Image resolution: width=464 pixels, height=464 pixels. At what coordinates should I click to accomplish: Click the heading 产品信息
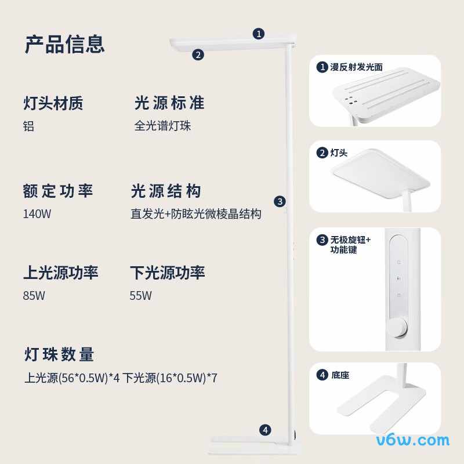pyautogui.click(x=65, y=44)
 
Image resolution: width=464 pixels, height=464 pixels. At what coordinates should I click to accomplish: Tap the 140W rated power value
pyautogui.click(x=37, y=213)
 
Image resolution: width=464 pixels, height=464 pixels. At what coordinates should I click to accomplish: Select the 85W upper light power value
pyautogui.click(x=34, y=295)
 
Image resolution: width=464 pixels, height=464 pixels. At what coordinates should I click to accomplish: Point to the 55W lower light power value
pyautogui.click(x=140, y=295)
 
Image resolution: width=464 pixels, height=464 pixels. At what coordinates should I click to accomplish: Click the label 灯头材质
pyautogui.click(x=53, y=103)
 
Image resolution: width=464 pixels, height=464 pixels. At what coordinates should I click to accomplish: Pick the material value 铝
pyautogui.click(x=28, y=126)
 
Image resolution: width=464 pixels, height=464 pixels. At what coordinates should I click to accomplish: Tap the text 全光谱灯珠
pyautogui.click(x=162, y=126)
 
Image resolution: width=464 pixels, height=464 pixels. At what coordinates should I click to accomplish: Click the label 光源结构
pyautogui.click(x=166, y=191)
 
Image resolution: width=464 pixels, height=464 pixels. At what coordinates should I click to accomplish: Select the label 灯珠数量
pyautogui.click(x=59, y=354)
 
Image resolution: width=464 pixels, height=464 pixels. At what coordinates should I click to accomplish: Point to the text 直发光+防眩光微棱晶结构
pyautogui.click(x=196, y=213)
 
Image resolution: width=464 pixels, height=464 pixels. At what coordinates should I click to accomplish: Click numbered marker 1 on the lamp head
pyautogui.click(x=259, y=34)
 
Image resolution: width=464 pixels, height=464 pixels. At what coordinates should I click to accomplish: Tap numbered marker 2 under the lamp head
pyautogui.click(x=198, y=55)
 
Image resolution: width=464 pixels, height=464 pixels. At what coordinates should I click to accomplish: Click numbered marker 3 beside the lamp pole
pyautogui.click(x=280, y=202)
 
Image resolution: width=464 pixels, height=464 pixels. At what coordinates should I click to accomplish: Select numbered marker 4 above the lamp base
pyautogui.click(x=265, y=430)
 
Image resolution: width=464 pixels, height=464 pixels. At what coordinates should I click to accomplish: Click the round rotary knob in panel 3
pyautogui.click(x=398, y=328)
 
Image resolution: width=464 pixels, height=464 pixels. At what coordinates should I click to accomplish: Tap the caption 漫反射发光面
pyautogui.click(x=356, y=67)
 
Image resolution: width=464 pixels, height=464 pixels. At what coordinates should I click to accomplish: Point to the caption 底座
pyautogui.click(x=340, y=375)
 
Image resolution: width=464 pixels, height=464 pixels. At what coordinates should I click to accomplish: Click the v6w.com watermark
pyautogui.click(x=413, y=441)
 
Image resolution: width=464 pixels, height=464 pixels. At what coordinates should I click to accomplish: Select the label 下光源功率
pyautogui.click(x=168, y=273)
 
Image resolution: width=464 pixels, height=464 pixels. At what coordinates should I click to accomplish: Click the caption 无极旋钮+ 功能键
pyautogui.click(x=350, y=245)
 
